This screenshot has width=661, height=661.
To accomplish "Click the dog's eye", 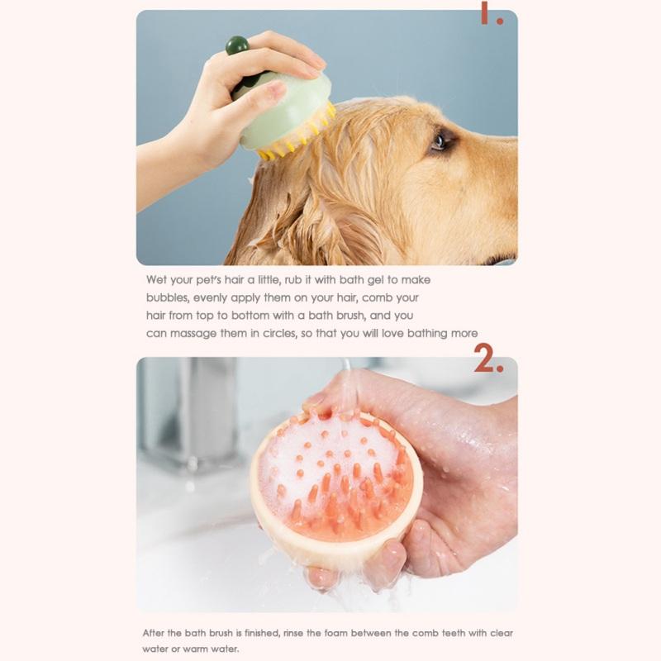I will pos(439,141).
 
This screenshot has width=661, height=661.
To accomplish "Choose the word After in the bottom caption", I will pos(157,634).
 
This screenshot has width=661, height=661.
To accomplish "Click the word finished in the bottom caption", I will pos(261,634).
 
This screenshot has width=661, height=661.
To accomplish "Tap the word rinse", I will pos(302,634).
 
